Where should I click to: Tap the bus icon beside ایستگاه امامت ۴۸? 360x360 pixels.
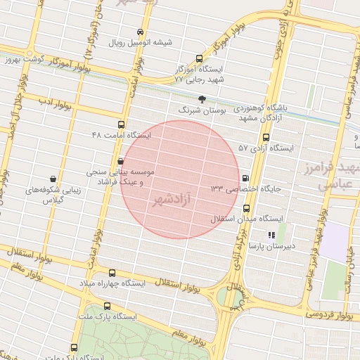(121, 124)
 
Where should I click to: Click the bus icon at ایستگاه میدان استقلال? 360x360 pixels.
(246, 208)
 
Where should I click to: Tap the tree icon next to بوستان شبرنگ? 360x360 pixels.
(202, 99)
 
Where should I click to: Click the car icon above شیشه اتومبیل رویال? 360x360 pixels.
(141, 32)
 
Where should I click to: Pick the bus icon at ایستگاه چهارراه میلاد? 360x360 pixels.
(112, 273)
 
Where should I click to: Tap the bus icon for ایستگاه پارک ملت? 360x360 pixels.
(108, 306)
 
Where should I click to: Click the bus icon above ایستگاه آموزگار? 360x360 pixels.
(200, 59)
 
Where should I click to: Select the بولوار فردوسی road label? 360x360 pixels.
(330, 314)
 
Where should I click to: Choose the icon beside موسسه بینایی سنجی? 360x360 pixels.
(120, 161)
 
